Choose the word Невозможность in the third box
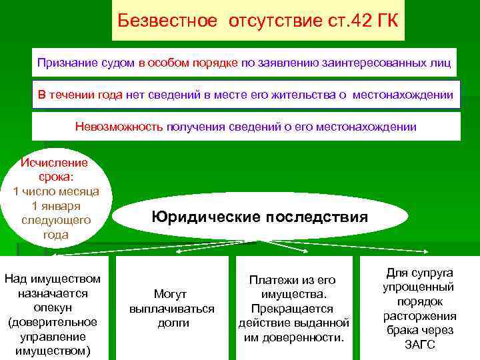click(119, 127)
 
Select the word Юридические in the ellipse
click(206, 217)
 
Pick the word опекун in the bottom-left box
click(52, 307)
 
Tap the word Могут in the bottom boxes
click(171, 294)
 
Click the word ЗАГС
click(420, 345)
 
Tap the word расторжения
click(420, 316)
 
